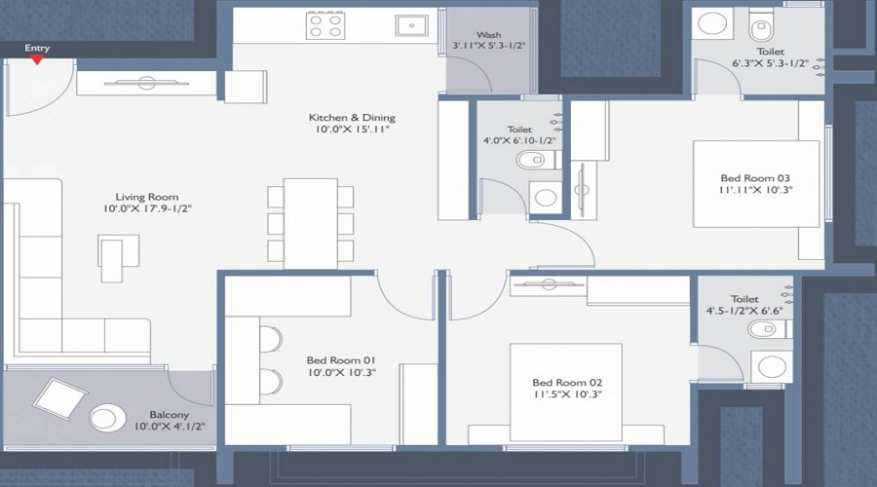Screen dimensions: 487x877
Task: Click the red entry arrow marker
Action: [x=37, y=60]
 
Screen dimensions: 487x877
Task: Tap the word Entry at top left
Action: [x=37, y=48]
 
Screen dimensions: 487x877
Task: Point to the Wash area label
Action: [x=489, y=35]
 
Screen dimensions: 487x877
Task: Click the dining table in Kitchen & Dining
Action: [x=311, y=223]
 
